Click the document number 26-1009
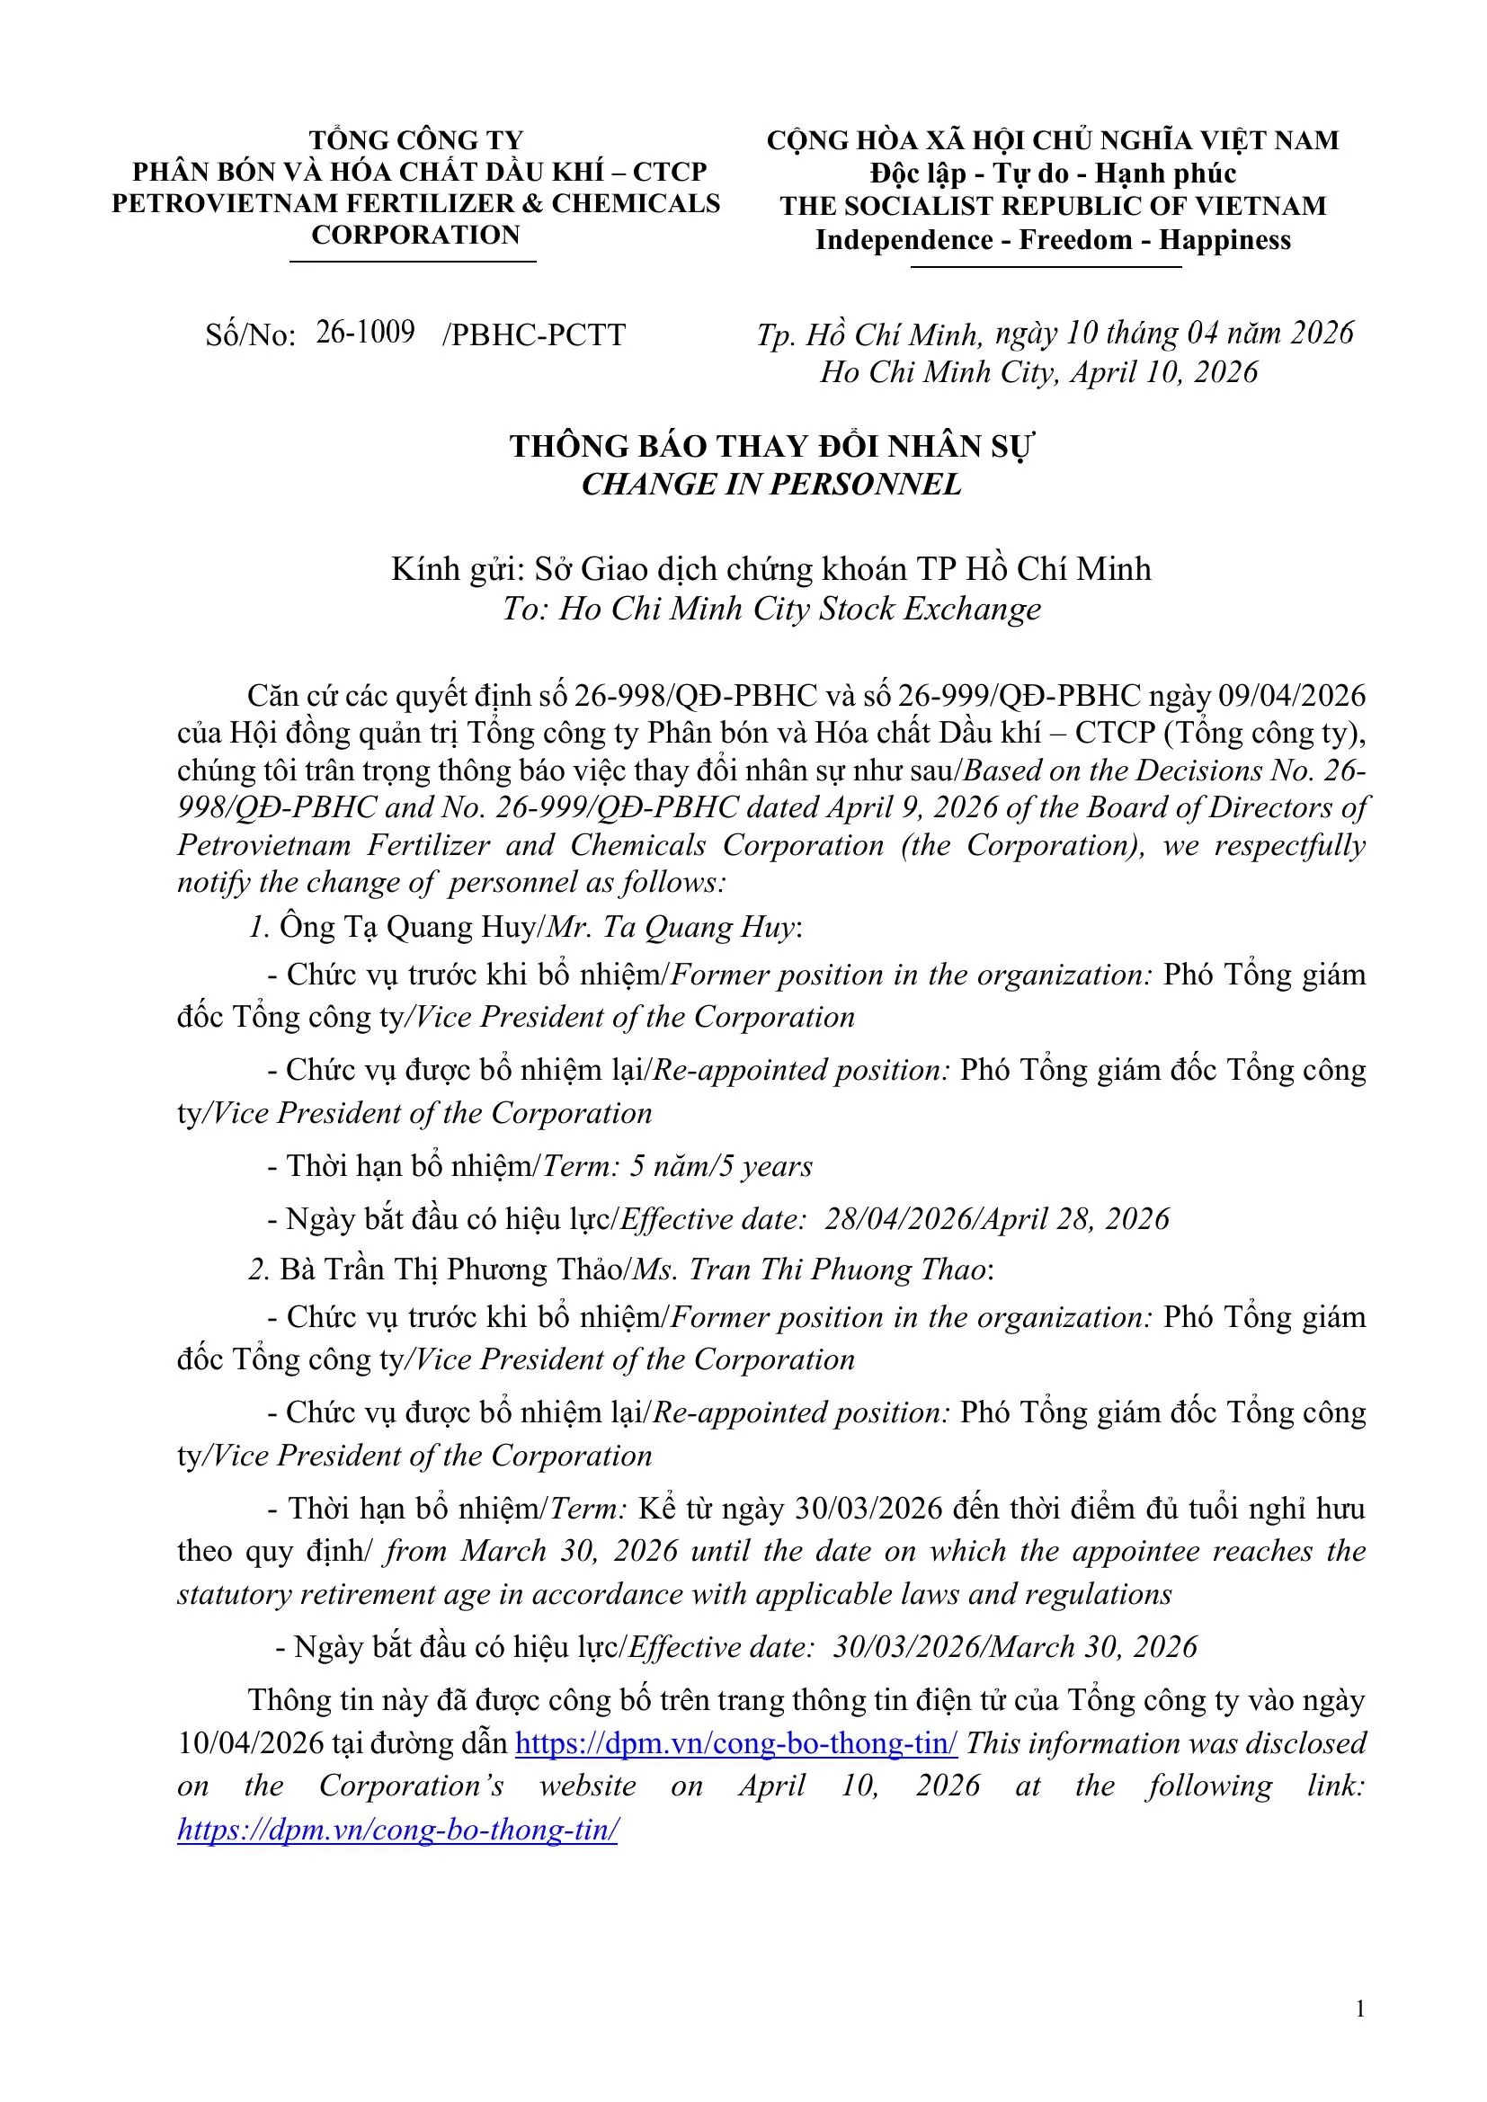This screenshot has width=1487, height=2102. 365,333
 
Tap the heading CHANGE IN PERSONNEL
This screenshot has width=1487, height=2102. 771,485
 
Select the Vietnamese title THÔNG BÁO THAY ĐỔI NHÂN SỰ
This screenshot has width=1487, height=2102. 771,446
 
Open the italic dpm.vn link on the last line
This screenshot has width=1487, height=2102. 397,1830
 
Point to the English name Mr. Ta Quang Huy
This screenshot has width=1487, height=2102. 672,928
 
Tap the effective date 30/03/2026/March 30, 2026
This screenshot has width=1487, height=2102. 1014,1646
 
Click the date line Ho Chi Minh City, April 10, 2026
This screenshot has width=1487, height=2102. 1038,371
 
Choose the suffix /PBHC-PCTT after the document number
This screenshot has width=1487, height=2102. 534,335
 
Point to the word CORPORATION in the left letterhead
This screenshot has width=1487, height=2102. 414,235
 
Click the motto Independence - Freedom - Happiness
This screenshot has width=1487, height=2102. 1053,240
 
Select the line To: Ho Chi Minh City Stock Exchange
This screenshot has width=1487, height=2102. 771,609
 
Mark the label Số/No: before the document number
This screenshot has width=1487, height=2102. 250,335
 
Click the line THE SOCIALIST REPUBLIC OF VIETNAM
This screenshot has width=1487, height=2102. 1053,206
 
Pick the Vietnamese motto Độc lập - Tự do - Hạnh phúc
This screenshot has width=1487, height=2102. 1053,173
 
